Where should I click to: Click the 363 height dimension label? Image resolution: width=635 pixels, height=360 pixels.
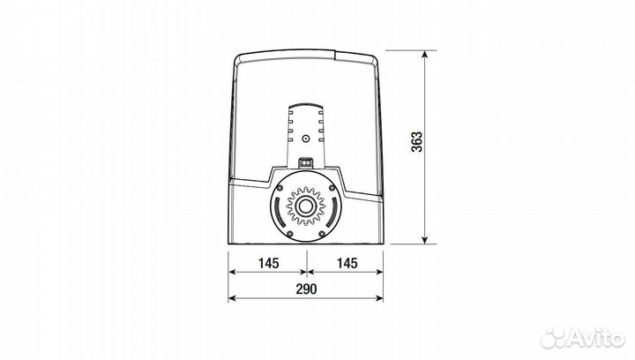(416, 142)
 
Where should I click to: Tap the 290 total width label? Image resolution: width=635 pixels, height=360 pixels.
(306, 289)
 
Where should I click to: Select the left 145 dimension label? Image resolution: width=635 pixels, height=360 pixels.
(268, 263)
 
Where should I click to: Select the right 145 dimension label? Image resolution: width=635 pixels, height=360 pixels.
(347, 263)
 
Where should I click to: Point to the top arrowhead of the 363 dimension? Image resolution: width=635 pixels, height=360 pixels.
(424, 54)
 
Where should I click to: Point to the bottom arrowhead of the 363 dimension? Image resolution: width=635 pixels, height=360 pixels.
(424, 240)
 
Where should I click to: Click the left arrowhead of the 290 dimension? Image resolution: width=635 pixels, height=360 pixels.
(232, 298)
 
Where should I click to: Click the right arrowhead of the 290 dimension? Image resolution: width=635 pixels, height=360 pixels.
(379, 298)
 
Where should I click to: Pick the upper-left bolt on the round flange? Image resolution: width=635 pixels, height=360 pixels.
(280, 187)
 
